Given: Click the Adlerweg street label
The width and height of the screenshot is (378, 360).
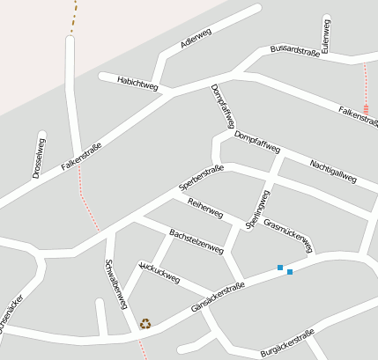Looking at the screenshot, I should point(196,40).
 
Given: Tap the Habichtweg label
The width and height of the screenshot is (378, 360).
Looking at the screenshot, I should point(137,83).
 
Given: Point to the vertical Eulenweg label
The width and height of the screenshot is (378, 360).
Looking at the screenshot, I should point(326,36).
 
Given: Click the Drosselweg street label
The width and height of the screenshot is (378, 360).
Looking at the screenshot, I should point(39,157).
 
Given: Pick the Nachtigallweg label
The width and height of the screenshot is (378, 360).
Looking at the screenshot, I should point(333,171).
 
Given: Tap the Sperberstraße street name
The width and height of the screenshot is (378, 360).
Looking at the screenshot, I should point(201,178).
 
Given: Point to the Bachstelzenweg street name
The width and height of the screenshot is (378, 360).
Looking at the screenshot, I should point(196,242).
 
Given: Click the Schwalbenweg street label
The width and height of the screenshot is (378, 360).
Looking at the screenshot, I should point(115,283).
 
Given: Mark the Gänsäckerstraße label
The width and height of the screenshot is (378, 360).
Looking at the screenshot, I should point(217,298).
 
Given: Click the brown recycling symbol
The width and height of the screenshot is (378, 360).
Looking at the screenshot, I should point(145,323).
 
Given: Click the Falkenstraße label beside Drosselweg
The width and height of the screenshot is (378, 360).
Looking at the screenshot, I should point(82,156).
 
